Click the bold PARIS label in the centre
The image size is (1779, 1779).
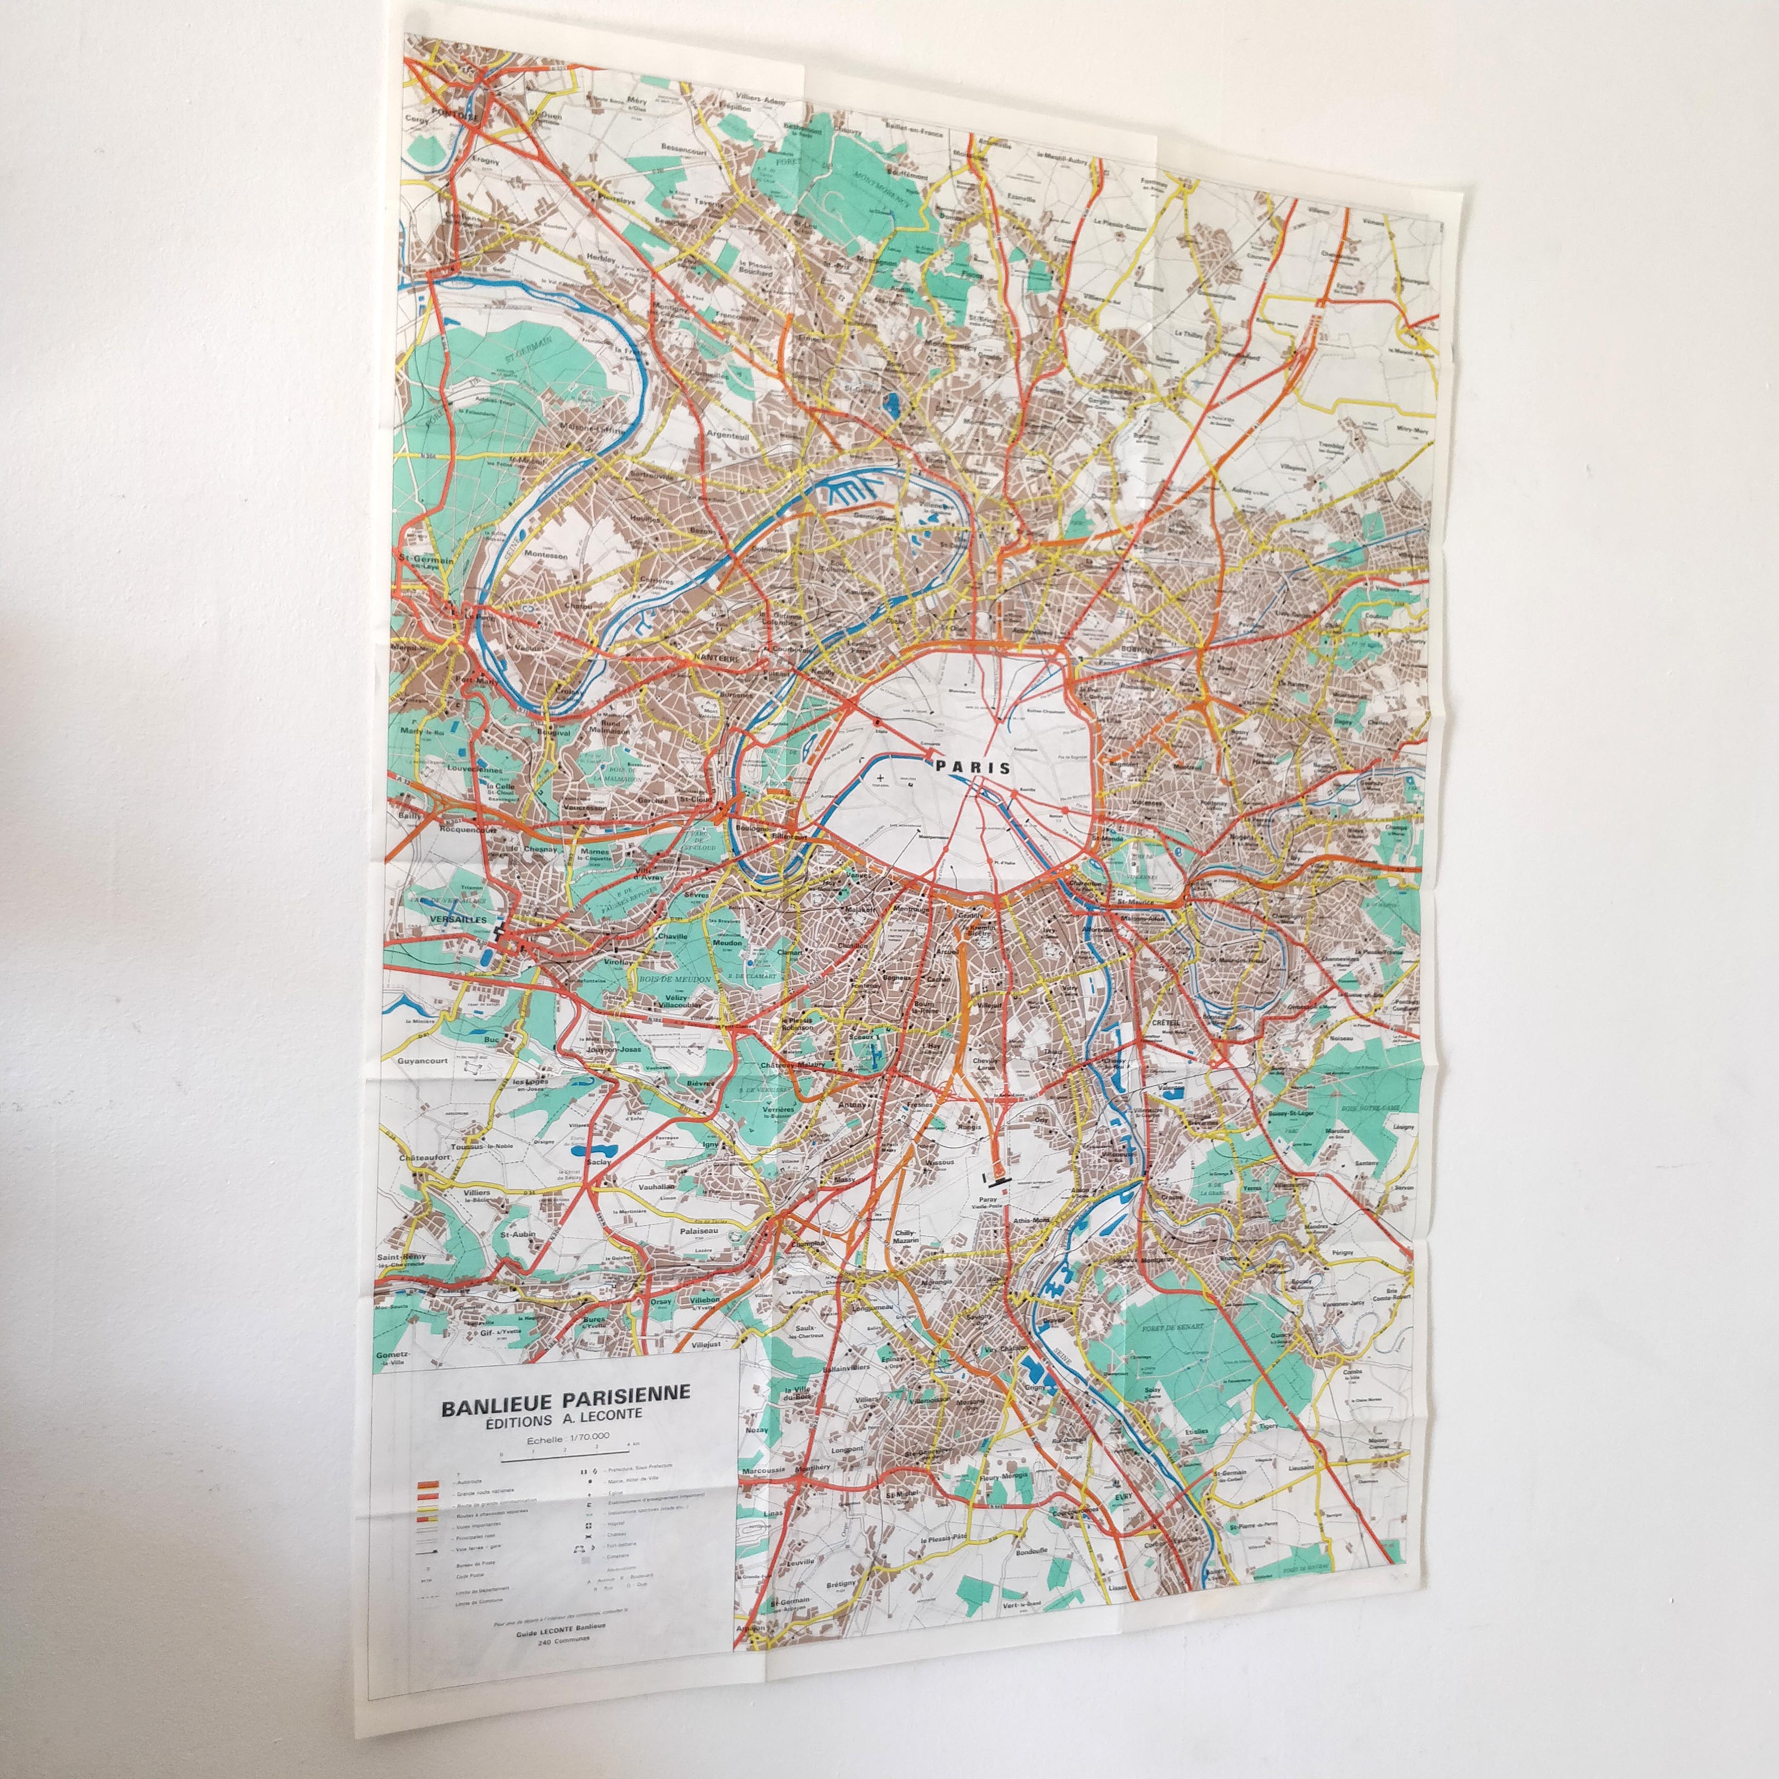coord(971,766)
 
